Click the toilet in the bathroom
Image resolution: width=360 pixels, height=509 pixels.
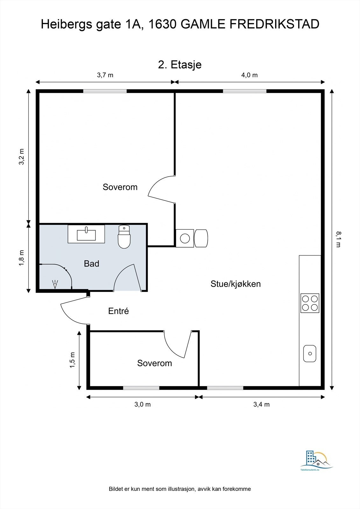pos(124,237)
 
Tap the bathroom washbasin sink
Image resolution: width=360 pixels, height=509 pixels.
pos(86,234)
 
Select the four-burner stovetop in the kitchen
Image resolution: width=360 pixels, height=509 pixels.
pos(310,303)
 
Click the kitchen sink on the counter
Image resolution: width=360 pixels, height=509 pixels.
pos(309,353)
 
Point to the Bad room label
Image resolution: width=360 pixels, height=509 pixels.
pos(91,264)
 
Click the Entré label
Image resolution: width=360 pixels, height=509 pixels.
pos(118,311)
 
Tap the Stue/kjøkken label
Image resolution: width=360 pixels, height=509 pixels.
pos(236,284)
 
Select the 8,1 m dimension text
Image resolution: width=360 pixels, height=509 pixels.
pos(339,239)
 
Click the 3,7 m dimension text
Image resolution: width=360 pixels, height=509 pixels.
pos(105,75)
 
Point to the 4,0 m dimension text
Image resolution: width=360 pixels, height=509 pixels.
pos(250,75)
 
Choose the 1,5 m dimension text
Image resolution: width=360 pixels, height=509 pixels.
pos(73,360)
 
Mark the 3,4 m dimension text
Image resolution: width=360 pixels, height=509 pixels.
pos(262,404)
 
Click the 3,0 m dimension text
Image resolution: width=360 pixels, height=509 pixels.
pos(143,404)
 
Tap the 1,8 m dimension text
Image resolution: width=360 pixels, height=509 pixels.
pos(21,258)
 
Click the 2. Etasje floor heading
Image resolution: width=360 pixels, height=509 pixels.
pos(180,65)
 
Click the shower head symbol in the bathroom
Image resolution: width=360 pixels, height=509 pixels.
pos(55,284)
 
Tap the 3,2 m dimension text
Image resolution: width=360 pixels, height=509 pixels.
pos(21,157)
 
